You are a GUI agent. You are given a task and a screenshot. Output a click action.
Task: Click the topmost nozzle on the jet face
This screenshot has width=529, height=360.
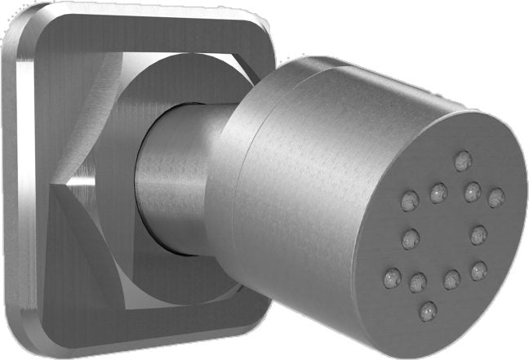coord(463,158)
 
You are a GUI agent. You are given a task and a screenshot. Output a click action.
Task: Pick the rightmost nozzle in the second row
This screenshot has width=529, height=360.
coord(496,197)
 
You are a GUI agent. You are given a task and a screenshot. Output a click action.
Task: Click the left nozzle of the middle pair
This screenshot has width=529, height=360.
coord(410,238)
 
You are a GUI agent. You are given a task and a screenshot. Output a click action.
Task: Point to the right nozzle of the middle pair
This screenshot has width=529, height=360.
coord(479,233)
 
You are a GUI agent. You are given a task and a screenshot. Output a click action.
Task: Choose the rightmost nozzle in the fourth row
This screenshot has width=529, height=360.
coord(479,269)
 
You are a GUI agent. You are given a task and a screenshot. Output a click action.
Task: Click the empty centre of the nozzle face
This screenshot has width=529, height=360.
coord(445,237)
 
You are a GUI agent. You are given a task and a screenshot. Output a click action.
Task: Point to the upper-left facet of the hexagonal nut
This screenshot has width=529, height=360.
coord(90,114)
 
